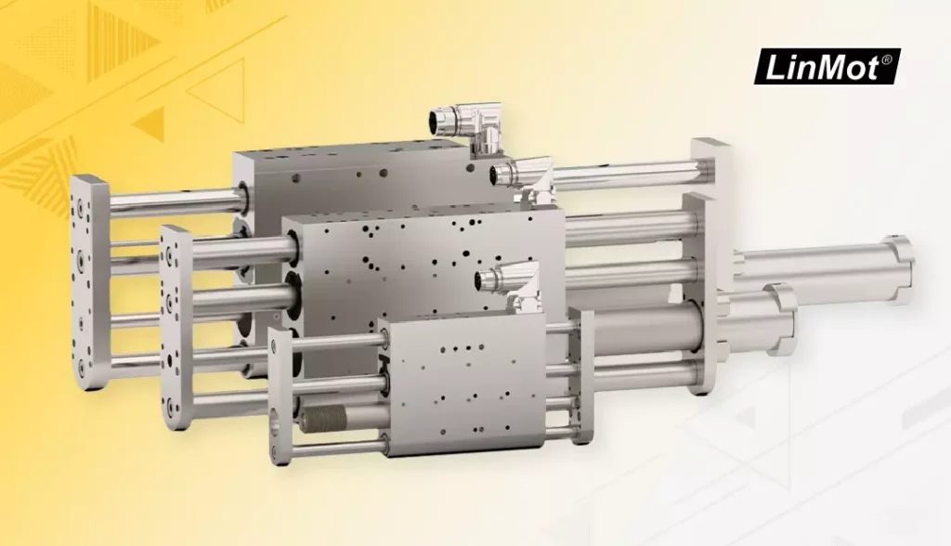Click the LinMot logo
tap(827, 67)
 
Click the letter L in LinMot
tap(775, 68)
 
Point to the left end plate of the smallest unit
tap(281, 396)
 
